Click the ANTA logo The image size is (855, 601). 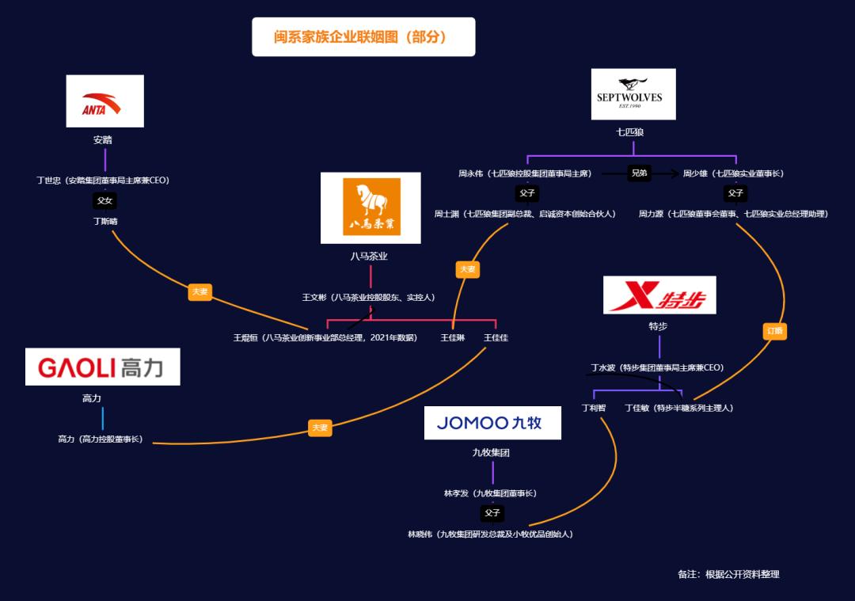click(x=104, y=101)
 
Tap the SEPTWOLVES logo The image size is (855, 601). click(x=633, y=94)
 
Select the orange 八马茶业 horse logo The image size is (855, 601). click(x=370, y=207)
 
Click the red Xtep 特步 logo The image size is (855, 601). click(x=659, y=295)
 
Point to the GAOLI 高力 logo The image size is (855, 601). click(x=102, y=367)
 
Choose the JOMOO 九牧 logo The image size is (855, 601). click(x=492, y=423)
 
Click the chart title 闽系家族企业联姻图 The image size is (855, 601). click(x=363, y=37)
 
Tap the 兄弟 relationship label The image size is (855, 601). click(x=639, y=173)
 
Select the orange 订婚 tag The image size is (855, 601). click(x=774, y=331)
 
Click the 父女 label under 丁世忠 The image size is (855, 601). click(x=104, y=201)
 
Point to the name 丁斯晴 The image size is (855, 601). click(x=104, y=222)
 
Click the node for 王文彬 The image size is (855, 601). click(x=368, y=298)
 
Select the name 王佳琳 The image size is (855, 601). click(x=452, y=338)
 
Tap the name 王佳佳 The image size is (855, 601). click(x=496, y=338)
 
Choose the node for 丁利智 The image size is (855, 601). click(x=593, y=409)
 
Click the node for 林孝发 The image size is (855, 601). click(x=490, y=493)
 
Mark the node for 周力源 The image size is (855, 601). click(x=733, y=214)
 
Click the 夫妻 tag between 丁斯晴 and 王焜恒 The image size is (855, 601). click(x=199, y=292)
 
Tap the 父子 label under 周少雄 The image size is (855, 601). click(x=735, y=193)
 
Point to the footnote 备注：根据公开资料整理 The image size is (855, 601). click(x=728, y=574)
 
